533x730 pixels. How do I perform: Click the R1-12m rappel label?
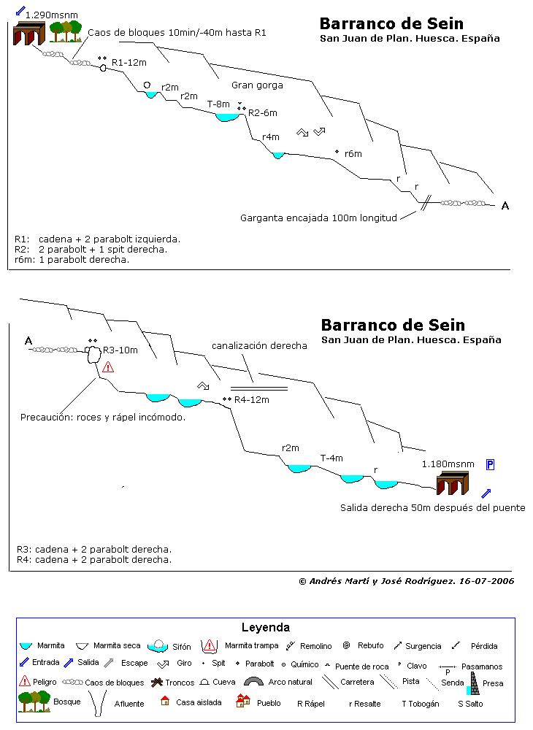[x=129, y=62]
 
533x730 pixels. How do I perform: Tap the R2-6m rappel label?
[x=263, y=112]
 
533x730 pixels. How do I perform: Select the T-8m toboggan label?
[x=218, y=104]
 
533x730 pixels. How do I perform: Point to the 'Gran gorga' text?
[x=257, y=85]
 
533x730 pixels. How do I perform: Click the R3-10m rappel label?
[x=120, y=350]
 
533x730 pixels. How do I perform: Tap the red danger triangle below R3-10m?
[x=108, y=367]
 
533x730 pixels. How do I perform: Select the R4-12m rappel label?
[x=251, y=399]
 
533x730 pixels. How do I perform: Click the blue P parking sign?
[x=490, y=464]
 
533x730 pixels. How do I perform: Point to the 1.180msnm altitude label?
[x=448, y=464]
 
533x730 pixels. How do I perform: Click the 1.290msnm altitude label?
[x=52, y=15]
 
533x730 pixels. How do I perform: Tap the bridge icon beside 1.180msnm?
[x=453, y=483]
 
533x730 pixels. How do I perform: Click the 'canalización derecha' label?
[x=259, y=345]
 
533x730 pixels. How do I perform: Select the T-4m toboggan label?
[x=331, y=458]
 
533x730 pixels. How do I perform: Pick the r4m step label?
[x=270, y=137]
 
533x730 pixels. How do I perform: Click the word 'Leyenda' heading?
[x=265, y=628]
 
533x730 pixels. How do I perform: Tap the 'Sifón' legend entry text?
[x=182, y=647]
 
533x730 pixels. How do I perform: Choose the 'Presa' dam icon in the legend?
[x=474, y=683]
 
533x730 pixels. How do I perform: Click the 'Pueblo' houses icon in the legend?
[x=243, y=701]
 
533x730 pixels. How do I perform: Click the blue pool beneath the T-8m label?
[x=227, y=118]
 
